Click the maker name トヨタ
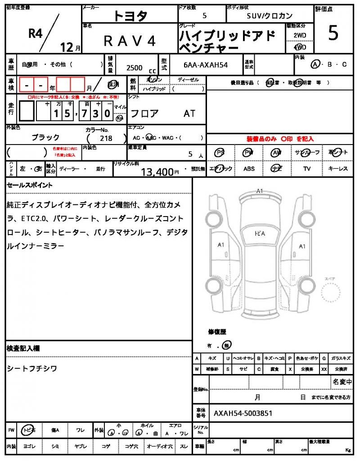(130, 16)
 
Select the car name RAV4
(130, 41)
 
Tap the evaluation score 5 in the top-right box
(333, 34)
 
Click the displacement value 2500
(135, 68)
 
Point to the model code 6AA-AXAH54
(206, 65)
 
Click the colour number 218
(106, 138)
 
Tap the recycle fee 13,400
(157, 172)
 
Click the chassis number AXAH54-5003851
(243, 413)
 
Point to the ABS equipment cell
(249, 169)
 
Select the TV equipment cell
(307, 169)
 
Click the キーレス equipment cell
(337, 169)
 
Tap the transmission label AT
(189, 113)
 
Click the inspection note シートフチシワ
(32, 369)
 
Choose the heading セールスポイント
(30, 185)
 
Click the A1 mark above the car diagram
(259, 191)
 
